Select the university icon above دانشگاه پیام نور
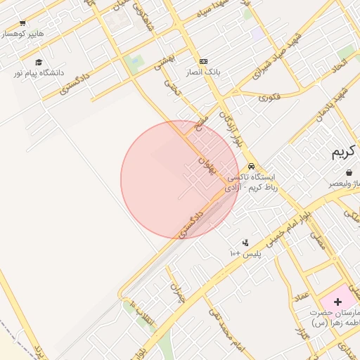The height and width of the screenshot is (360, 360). pos(38,63)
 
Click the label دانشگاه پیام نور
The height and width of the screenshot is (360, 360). pos(38,72)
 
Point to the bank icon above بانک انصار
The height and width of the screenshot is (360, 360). pos(204,62)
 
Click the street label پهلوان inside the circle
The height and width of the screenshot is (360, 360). pos(205,165)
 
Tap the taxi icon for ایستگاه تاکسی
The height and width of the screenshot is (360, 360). pos(251,167)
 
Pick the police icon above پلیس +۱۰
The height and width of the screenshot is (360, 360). pos(245,243)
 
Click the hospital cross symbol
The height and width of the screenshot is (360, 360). pos(338,301)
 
